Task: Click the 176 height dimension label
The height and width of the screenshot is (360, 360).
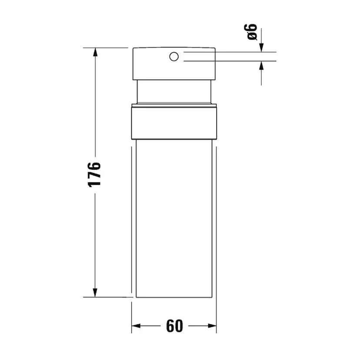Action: [x=94, y=174]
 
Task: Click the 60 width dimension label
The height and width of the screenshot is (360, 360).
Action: [x=174, y=326]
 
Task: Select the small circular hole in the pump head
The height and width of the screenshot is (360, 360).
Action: [x=174, y=56]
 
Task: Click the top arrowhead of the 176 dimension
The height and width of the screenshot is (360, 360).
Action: [x=95, y=52]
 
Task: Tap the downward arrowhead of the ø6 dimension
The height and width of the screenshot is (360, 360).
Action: [x=261, y=48]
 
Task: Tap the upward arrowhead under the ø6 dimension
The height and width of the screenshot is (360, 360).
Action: [x=261, y=65]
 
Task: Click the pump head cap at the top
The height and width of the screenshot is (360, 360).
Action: [x=196, y=65]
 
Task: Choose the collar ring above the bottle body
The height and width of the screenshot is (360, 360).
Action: [x=174, y=123]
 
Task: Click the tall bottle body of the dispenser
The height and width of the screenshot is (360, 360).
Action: [x=174, y=217]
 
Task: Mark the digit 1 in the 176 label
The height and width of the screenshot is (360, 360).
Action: [x=94, y=183]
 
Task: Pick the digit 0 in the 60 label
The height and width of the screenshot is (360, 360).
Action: [x=178, y=326]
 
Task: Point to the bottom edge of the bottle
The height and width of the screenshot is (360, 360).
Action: [x=174, y=297]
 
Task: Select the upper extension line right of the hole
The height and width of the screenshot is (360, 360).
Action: [x=230, y=52]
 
